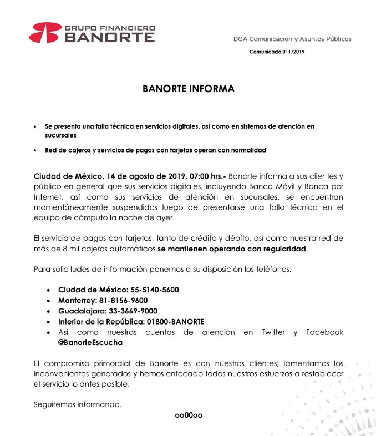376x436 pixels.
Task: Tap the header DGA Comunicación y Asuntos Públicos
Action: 292,39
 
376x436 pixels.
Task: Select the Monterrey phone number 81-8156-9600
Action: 128,300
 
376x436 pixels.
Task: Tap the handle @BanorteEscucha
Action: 90,343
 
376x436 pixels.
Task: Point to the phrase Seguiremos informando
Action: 78,405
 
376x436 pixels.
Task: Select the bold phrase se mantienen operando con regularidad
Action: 232,249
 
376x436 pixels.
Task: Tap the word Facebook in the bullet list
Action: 324,332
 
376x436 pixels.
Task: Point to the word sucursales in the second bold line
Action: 61,135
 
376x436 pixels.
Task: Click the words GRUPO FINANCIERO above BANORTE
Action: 110,28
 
